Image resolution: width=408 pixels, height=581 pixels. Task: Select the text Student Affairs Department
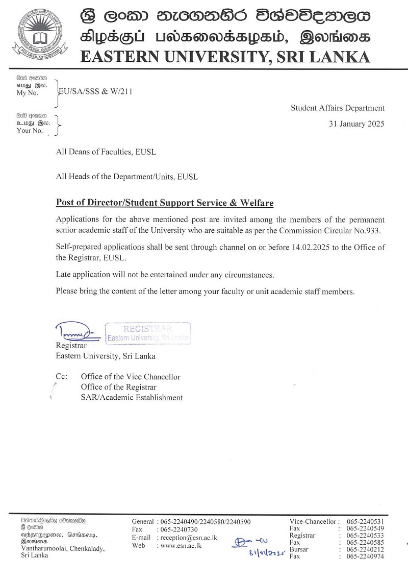pos(338,108)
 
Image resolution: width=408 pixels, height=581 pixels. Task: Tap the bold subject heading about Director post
pos(165,203)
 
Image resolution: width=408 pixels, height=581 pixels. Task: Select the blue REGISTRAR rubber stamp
pos(148,332)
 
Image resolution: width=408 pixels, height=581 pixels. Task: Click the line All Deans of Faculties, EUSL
pos(106,152)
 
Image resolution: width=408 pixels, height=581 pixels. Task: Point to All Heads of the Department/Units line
pos(126,177)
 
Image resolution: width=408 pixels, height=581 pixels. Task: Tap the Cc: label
pos(62,377)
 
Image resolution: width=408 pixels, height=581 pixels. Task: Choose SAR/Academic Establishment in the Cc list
pos(132,397)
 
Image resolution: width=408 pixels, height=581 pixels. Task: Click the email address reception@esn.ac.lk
pos(189,538)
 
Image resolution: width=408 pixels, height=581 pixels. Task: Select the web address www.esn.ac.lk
pos(181,545)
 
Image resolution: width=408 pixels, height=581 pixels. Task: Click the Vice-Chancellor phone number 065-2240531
pos(365,521)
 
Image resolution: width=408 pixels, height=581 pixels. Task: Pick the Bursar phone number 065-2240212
pos(365,549)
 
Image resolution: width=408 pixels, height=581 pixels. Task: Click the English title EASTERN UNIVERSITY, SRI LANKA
pos(225,57)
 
